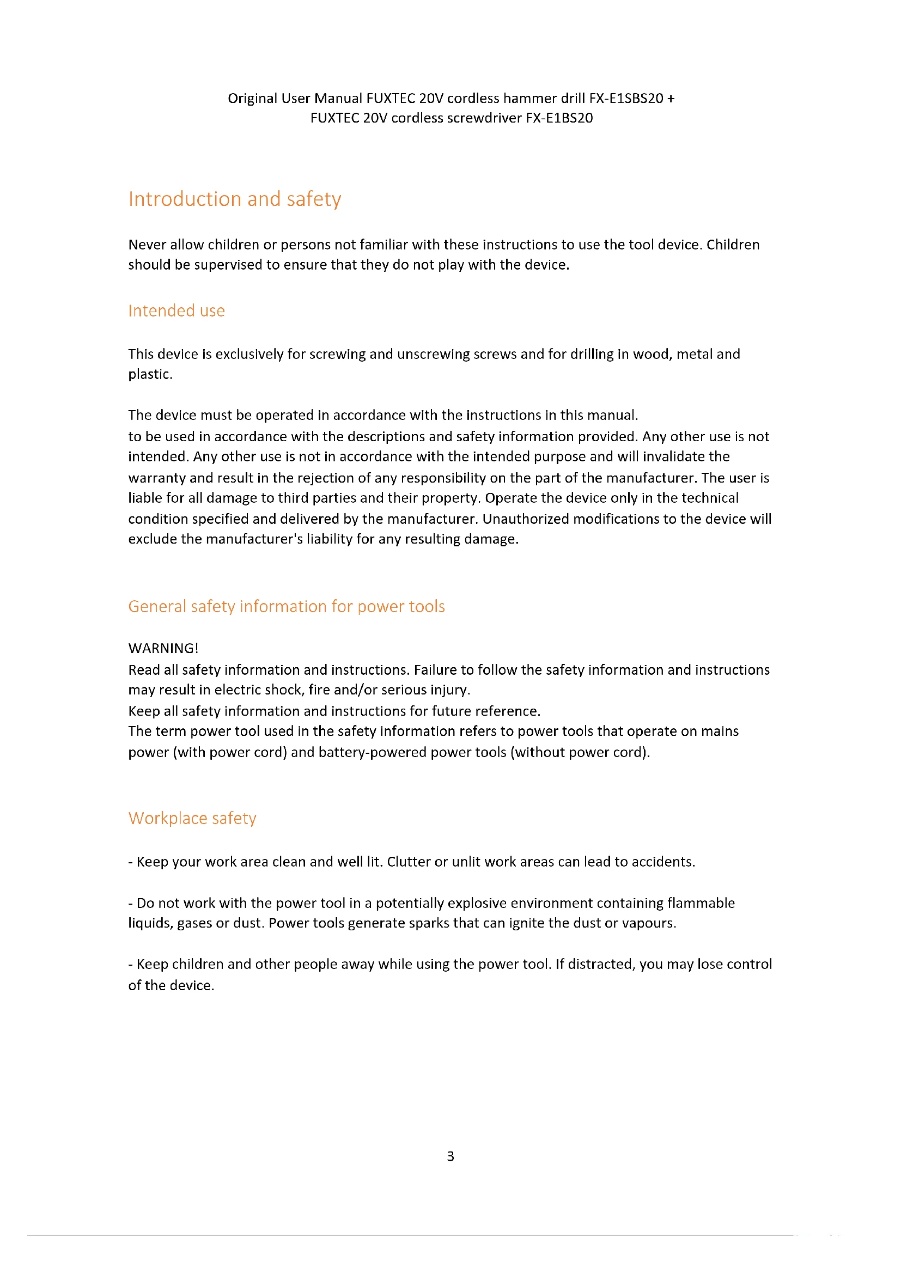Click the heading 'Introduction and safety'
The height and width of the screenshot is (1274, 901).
click(x=235, y=199)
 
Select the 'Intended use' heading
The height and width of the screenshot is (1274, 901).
click(x=176, y=310)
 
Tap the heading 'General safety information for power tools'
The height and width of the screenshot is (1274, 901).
click(x=287, y=606)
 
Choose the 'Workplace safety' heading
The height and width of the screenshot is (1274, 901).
click(x=192, y=819)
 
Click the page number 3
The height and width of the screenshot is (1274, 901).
click(x=450, y=1156)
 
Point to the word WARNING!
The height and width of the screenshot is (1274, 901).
click(x=163, y=648)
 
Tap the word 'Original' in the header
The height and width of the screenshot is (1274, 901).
click(x=252, y=98)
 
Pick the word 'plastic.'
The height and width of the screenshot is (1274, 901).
click(x=150, y=375)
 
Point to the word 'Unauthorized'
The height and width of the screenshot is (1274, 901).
click(x=525, y=519)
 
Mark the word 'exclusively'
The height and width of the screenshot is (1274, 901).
click(x=249, y=354)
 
